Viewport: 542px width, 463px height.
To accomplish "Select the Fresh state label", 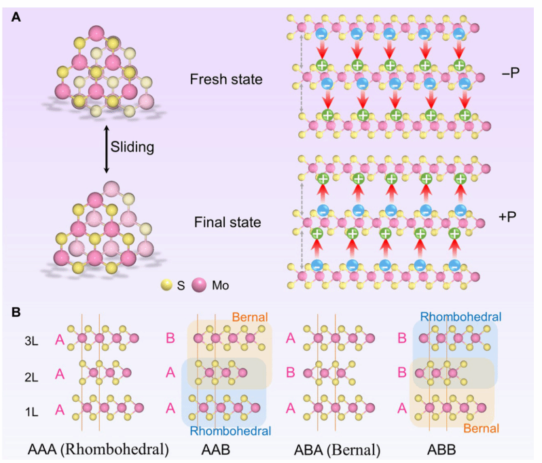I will point(226,80).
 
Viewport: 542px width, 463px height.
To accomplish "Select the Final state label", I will point(225,222).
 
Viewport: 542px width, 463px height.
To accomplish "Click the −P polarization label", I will point(509,72).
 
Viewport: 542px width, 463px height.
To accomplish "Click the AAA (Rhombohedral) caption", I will point(99,449).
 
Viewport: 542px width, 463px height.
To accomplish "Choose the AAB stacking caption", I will point(221,449).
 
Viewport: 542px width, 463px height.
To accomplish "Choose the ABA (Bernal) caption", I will point(331,449).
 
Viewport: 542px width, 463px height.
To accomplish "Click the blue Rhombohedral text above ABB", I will point(461,316).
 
